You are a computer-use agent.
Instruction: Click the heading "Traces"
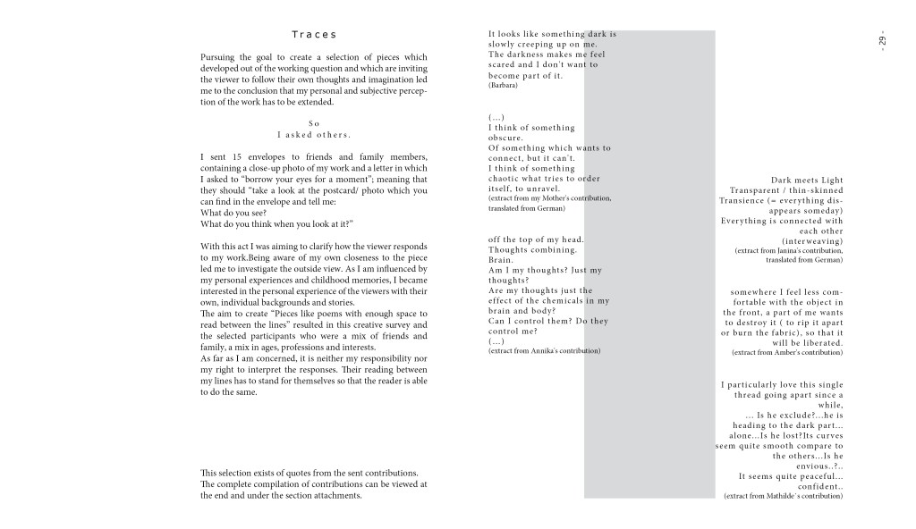[x=314, y=35]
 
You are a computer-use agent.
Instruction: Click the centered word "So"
[x=314, y=123]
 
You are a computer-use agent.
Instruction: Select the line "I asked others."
[x=314, y=135]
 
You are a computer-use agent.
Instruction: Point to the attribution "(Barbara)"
[x=502, y=85]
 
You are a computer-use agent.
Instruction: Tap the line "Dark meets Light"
[x=807, y=181]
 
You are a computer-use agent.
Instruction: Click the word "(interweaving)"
[x=812, y=241]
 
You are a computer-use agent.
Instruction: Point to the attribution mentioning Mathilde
[x=783, y=496]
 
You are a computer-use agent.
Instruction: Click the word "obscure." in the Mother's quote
[x=505, y=138]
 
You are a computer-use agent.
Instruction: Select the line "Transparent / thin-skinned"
[x=786, y=191]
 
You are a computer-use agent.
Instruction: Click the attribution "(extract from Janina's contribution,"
[x=788, y=251]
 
